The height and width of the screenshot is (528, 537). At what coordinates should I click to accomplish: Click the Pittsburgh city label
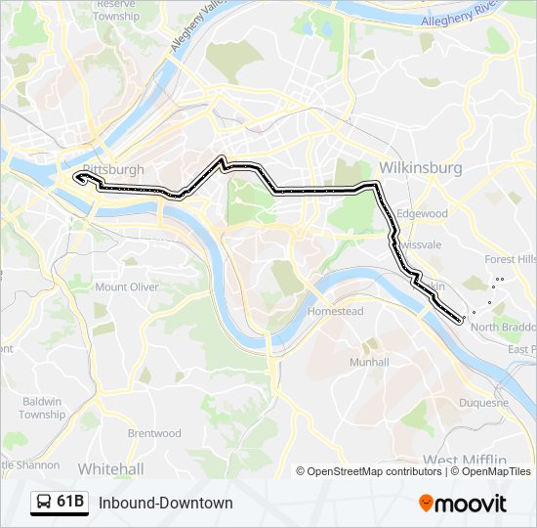[x=115, y=170]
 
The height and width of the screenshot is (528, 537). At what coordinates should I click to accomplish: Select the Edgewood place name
[x=422, y=213]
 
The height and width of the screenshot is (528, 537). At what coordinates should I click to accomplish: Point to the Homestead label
[x=335, y=311]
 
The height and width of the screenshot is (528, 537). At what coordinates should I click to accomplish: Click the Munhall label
[x=368, y=362]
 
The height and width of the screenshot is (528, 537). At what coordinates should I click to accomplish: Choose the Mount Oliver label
[x=126, y=287]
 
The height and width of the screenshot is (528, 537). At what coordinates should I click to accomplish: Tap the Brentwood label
[x=154, y=433]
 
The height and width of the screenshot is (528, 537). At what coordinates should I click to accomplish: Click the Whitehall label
[x=110, y=468]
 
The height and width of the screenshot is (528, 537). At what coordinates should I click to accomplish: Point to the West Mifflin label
[x=464, y=460]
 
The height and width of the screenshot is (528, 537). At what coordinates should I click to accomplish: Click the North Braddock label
[x=503, y=328]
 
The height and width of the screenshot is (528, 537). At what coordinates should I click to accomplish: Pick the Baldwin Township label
[x=41, y=408]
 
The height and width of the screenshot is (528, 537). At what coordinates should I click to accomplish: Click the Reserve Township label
[x=116, y=11]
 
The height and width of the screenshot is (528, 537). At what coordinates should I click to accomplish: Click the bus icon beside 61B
[x=44, y=503]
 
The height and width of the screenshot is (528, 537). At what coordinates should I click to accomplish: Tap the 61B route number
[x=69, y=503]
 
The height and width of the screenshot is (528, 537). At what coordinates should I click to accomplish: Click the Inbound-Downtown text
[x=165, y=503]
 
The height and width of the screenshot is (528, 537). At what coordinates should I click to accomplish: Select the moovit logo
[x=463, y=504]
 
